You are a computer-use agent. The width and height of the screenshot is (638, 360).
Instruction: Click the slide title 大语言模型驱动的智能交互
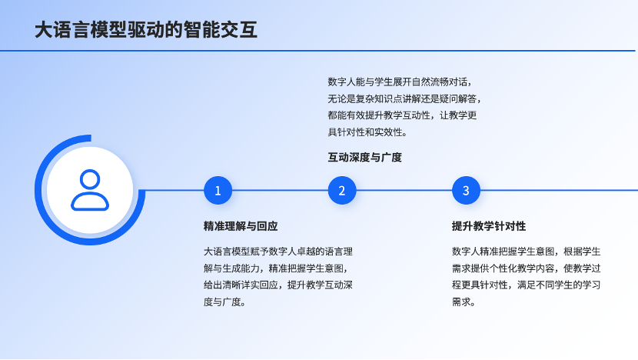pyautogui.click(x=146, y=30)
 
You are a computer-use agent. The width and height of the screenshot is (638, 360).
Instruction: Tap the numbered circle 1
pyautogui.click(x=218, y=190)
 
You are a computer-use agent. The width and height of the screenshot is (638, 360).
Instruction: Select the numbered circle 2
pyautogui.click(x=342, y=190)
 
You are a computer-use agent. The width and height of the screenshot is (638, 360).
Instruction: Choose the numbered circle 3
pyautogui.click(x=466, y=190)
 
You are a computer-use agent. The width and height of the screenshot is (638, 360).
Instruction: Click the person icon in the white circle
pyautogui.click(x=90, y=190)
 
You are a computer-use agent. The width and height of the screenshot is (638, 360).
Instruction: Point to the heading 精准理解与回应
pyautogui.click(x=241, y=226)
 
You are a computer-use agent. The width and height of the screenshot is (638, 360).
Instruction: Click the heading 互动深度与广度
pyautogui.click(x=365, y=158)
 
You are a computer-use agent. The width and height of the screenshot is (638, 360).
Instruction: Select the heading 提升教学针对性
pyautogui.click(x=489, y=226)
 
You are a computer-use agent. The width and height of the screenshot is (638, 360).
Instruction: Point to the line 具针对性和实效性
pyautogui.click(x=367, y=132)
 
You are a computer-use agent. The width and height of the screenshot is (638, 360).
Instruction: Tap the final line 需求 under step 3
pyautogui.click(x=464, y=302)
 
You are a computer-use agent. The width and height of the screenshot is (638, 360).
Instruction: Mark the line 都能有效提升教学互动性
pyautogui.click(x=403, y=115)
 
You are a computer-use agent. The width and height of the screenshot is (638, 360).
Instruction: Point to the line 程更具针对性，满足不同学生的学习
pyautogui.click(x=526, y=285)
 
